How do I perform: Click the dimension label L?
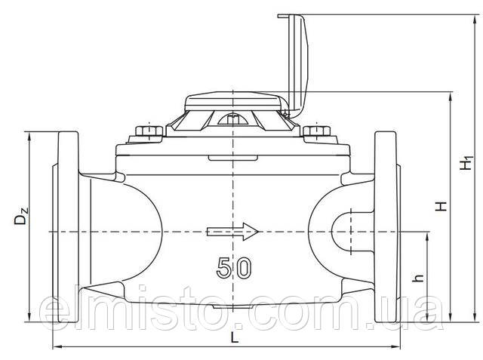235,339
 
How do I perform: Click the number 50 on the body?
234,267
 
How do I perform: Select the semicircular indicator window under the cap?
233,118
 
